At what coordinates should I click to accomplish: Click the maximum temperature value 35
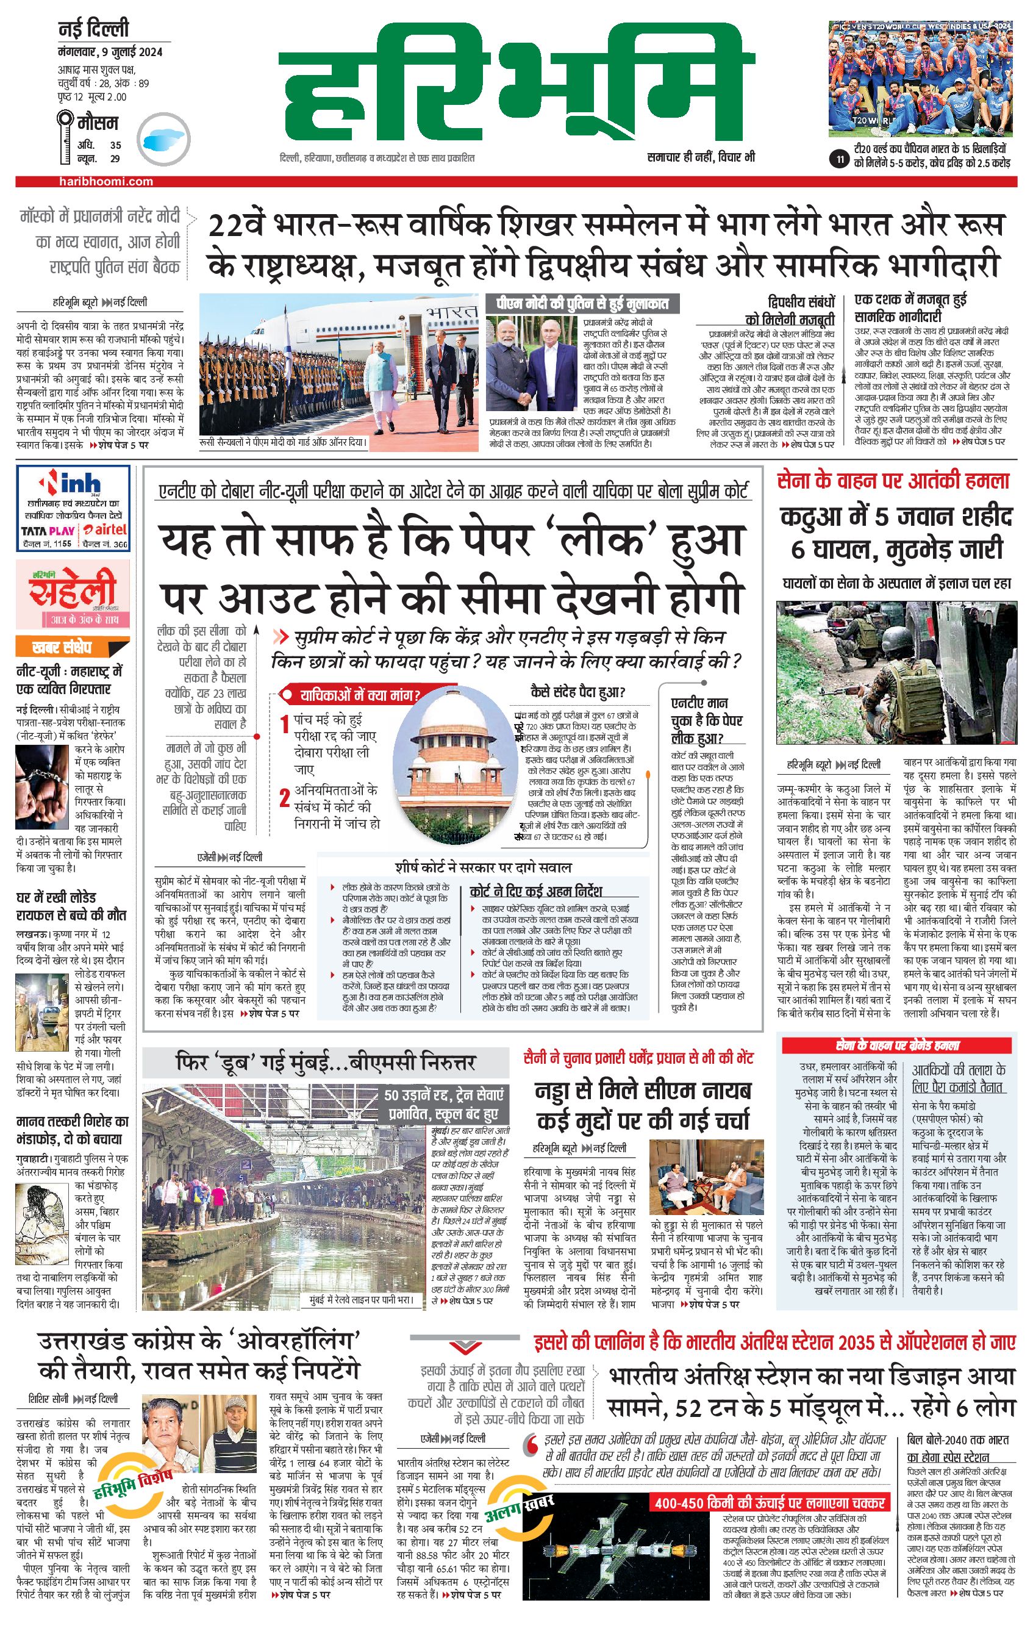coord(116,145)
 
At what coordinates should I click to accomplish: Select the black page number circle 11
coord(840,160)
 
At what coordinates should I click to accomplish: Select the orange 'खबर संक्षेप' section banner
coord(62,647)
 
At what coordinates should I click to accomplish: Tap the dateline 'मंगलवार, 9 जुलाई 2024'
coord(110,52)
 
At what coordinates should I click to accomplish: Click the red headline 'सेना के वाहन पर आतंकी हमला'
coord(893,481)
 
